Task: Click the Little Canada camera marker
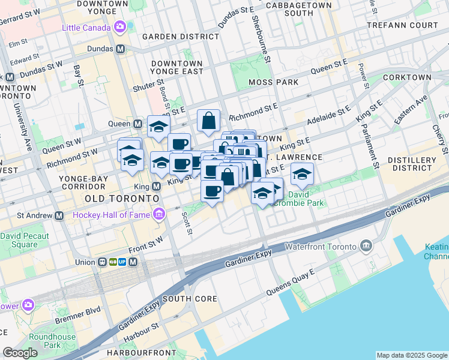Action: [x=119, y=27]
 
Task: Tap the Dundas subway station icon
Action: [x=121, y=49]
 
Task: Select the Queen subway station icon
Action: [x=137, y=124]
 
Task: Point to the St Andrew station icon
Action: [x=59, y=215]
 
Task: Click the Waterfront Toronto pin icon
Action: [x=366, y=245]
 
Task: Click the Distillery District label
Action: [x=412, y=164]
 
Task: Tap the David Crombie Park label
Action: [x=306, y=199]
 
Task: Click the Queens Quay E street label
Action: [x=295, y=281]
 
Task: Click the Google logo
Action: [x=20, y=353]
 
